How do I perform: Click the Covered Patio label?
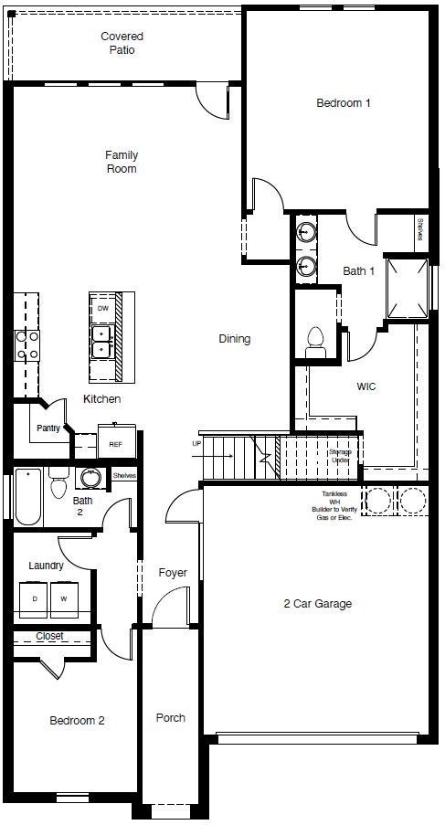click(x=122, y=43)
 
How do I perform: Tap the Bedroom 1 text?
click(x=343, y=103)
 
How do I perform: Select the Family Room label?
click(x=121, y=162)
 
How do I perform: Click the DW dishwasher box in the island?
click(x=102, y=309)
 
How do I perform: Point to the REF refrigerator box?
click(x=115, y=443)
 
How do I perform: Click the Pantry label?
click(x=48, y=428)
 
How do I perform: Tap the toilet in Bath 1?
click(x=316, y=337)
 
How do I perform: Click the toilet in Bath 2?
click(x=59, y=483)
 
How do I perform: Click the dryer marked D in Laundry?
click(x=35, y=598)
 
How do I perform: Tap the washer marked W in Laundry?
click(x=64, y=598)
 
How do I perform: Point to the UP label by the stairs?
click(x=196, y=444)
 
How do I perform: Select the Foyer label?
click(x=172, y=573)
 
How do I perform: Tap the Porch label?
click(x=170, y=717)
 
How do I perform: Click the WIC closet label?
click(x=366, y=386)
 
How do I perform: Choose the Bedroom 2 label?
click(x=77, y=721)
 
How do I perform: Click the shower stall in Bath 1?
click(x=407, y=287)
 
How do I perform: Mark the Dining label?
click(x=234, y=339)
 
